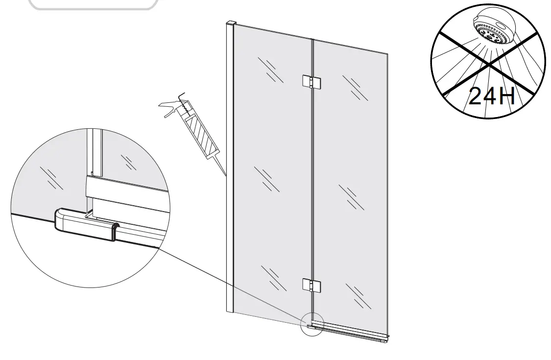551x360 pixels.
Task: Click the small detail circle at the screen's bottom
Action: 312,324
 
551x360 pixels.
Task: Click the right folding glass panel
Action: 350,186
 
